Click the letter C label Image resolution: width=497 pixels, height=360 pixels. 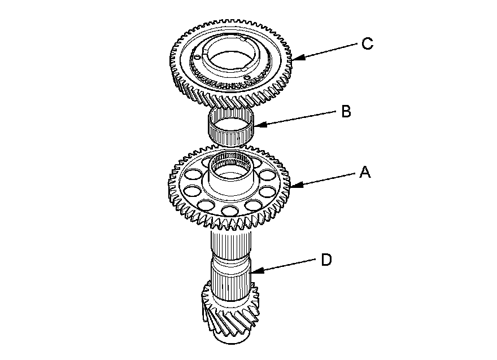point(367,44)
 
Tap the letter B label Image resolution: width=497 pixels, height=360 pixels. point(346,111)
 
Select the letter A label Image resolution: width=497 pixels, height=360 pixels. point(365,173)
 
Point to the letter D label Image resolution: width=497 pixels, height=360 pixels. point(326,260)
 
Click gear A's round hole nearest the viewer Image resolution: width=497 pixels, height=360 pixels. point(229,211)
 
